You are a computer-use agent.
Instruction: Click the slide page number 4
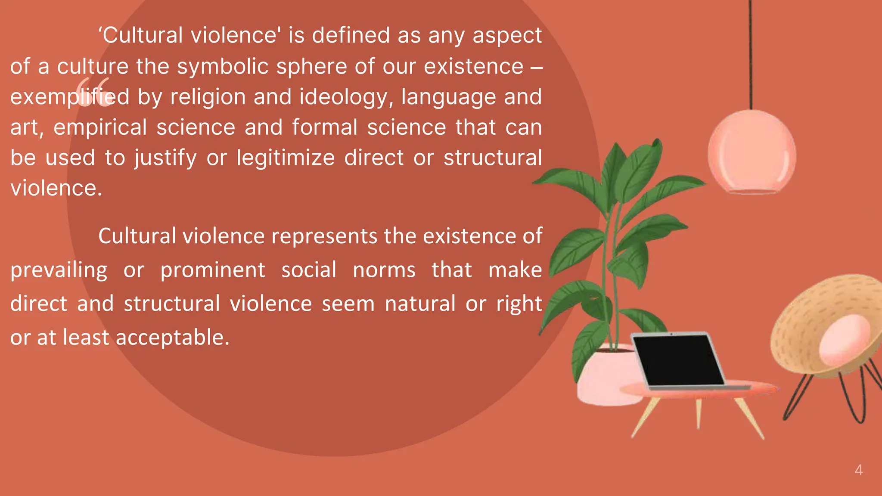point(858,470)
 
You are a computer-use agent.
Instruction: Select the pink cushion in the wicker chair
point(844,340)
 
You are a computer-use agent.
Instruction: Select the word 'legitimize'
point(286,158)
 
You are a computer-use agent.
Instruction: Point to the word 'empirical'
point(100,127)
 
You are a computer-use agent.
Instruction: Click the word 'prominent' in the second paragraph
point(213,270)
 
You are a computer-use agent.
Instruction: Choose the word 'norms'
point(384,270)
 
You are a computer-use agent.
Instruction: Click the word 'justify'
point(165,158)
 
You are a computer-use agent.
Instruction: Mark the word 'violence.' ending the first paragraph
point(56,188)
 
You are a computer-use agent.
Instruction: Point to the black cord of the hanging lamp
point(751,52)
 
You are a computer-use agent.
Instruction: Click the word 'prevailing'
point(59,270)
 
